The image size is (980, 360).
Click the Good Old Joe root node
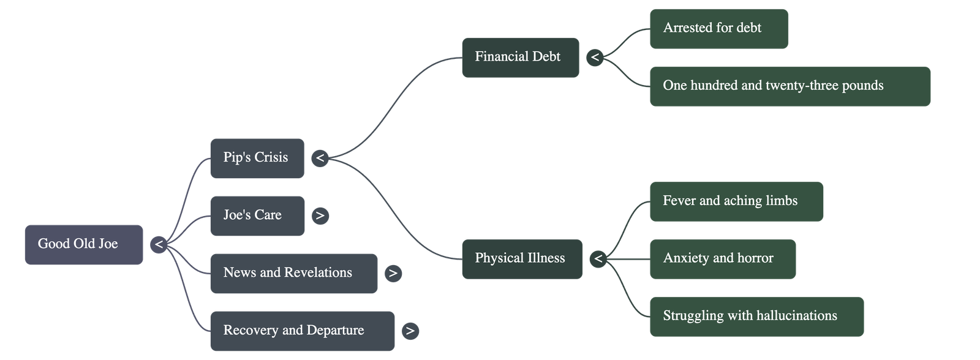[x=83, y=244]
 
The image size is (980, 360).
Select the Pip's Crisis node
[x=256, y=158]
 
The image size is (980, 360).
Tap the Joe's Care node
[x=257, y=216]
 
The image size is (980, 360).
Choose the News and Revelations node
[x=293, y=273]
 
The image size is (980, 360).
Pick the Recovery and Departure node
[x=301, y=331]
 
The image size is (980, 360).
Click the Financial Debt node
[x=519, y=57]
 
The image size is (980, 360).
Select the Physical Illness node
[x=521, y=258]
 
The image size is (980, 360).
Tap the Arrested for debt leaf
[x=718, y=28]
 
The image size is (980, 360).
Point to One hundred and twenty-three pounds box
[x=790, y=86]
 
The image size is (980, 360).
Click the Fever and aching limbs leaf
[x=736, y=201]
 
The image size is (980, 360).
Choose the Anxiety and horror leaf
[x=722, y=258]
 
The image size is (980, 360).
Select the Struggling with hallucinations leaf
[x=756, y=316]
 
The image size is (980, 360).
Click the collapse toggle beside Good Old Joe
[x=159, y=244]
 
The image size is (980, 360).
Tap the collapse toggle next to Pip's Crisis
[x=320, y=158]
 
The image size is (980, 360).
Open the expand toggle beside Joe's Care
[x=320, y=216]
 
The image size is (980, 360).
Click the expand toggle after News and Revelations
[x=393, y=273]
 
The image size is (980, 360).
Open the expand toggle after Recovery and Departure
[x=410, y=331]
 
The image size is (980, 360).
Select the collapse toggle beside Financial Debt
[x=595, y=58]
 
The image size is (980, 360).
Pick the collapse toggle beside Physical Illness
[x=598, y=259]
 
